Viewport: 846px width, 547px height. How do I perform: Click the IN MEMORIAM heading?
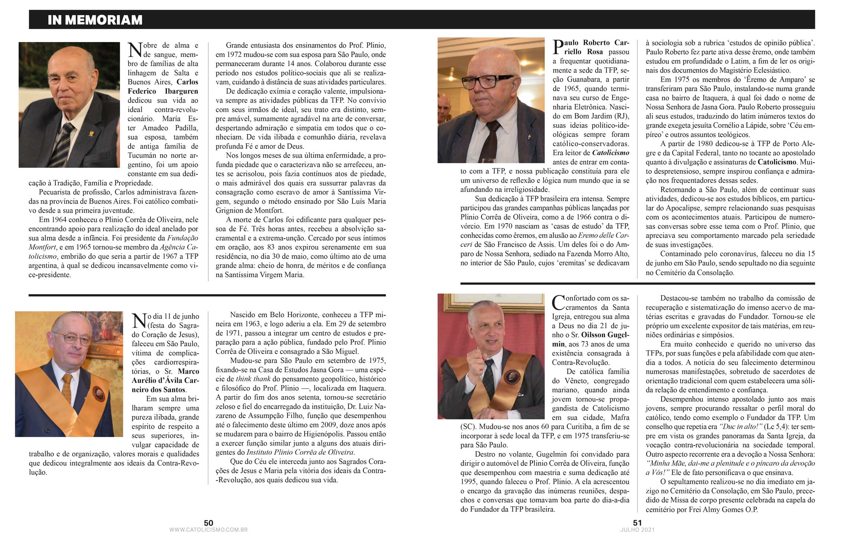(x=95, y=20)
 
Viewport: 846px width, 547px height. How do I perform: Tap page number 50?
(x=208, y=523)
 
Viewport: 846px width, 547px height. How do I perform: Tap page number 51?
(x=637, y=523)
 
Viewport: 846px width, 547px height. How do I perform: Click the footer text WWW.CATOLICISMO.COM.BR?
(x=208, y=530)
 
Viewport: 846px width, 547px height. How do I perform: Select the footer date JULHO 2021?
(x=637, y=530)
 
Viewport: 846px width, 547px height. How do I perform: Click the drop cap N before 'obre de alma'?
(x=135, y=50)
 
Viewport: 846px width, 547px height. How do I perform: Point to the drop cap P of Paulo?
(x=558, y=48)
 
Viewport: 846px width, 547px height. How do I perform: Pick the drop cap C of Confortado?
(x=559, y=303)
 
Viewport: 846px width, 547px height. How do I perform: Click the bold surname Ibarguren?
(x=181, y=91)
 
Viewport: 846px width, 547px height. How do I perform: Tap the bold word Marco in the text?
(x=189, y=371)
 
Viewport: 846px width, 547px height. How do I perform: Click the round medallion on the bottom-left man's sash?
(x=98, y=393)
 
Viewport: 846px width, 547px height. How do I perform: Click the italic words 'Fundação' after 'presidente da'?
(x=183, y=238)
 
